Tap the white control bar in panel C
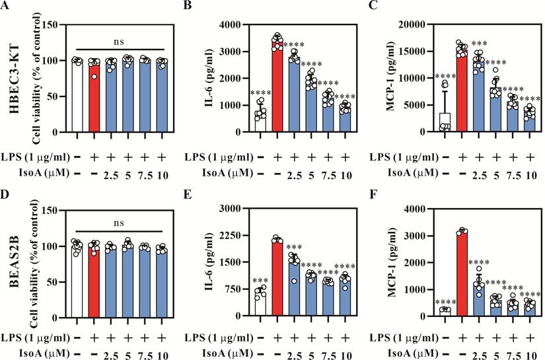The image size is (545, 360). pyautogui.click(x=445, y=122)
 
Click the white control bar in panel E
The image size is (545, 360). pyautogui.click(x=260, y=304)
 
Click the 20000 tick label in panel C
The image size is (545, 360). pyautogui.click(x=412, y=24)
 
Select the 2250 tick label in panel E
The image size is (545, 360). pyautogui.click(x=230, y=235)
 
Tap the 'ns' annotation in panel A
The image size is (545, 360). pyautogui.click(x=119, y=42)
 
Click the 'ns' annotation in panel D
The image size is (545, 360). pyautogui.click(x=119, y=223)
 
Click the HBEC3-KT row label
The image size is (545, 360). pyautogui.click(x=15, y=77)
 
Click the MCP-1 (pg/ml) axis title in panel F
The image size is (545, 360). pyautogui.click(x=392, y=262)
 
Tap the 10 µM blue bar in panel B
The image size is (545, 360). pyautogui.click(x=345, y=119)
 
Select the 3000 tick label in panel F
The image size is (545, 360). pyautogui.click(x=412, y=236)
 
